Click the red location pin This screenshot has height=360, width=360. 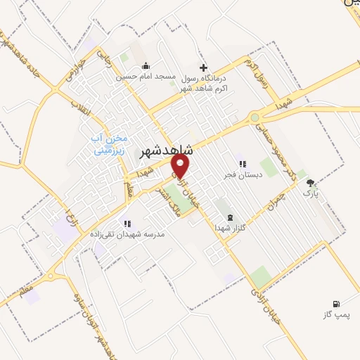click(x=181, y=165)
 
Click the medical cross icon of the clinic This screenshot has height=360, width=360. click(x=204, y=68)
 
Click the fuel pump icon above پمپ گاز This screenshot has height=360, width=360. click(x=337, y=304)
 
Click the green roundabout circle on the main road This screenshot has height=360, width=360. click(x=255, y=118)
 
